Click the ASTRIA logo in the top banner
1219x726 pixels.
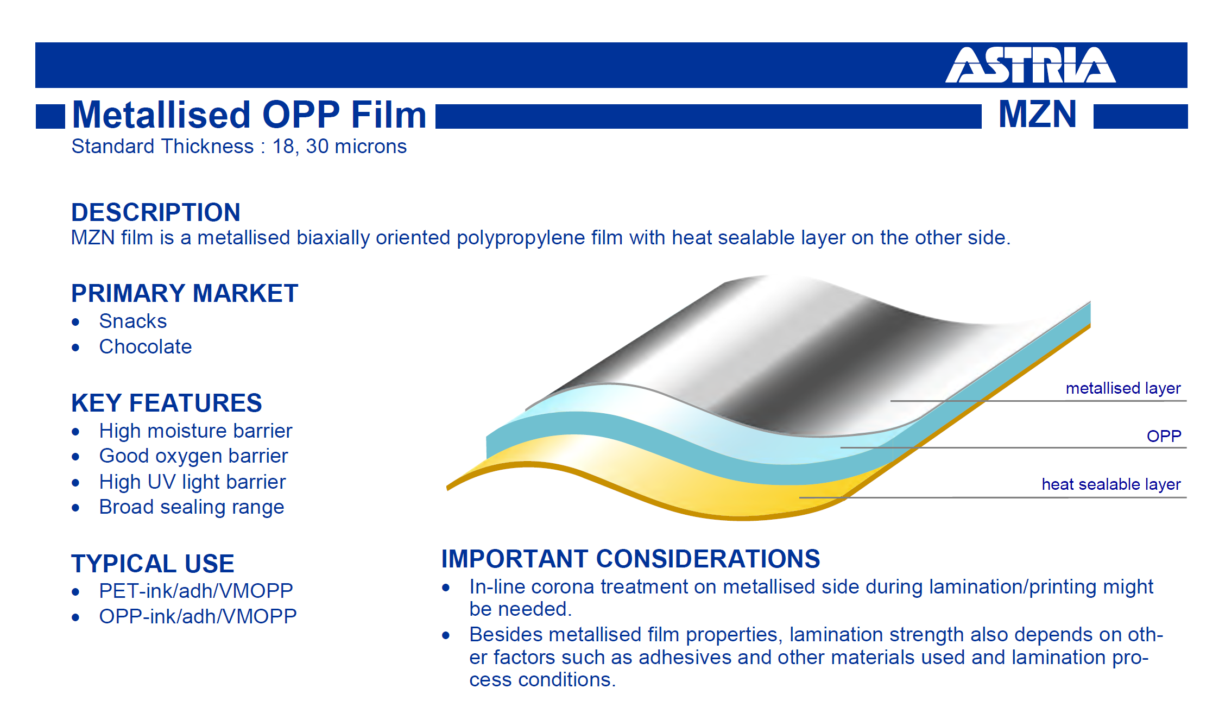coord(1030,65)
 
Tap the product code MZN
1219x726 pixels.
coord(1037,114)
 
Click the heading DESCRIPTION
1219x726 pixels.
coord(156,212)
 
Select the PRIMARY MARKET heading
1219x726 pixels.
coord(185,293)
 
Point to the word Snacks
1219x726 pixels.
coord(133,321)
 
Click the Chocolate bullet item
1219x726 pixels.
coord(146,346)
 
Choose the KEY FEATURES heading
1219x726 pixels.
coord(167,403)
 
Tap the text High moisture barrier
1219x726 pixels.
coord(195,431)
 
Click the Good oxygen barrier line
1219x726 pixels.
coord(193,456)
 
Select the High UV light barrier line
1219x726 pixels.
coord(192,482)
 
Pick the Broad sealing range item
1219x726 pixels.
coord(192,507)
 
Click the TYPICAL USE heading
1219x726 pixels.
coord(153,564)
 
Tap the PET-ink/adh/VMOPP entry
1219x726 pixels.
coord(196,591)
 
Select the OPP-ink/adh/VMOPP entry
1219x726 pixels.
coord(198,616)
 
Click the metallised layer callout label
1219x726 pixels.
coord(1123,388)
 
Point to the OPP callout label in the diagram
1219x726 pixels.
coord(1164,436)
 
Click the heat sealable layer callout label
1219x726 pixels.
coord(1111,484)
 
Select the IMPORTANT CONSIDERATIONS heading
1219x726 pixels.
coord(630,559)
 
